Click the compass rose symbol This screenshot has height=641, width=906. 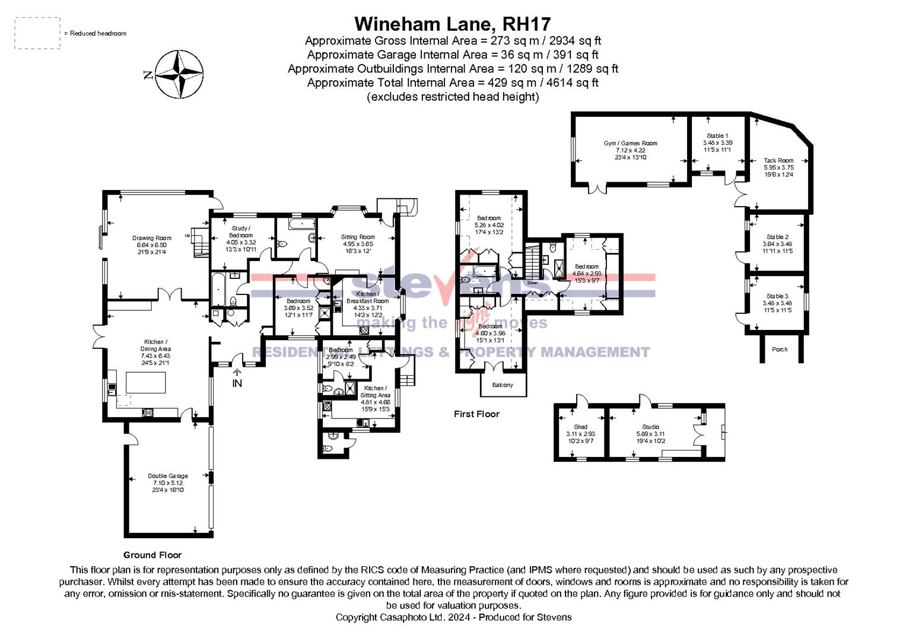179,75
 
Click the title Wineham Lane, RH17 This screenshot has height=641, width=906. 452,24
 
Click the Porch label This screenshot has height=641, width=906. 780,350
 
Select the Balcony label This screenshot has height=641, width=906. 503,385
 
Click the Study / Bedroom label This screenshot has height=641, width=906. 241,231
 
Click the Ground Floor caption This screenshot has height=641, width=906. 152,555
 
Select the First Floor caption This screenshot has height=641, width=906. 476,414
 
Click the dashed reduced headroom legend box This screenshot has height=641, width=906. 37,33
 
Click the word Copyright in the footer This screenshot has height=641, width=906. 356,617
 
